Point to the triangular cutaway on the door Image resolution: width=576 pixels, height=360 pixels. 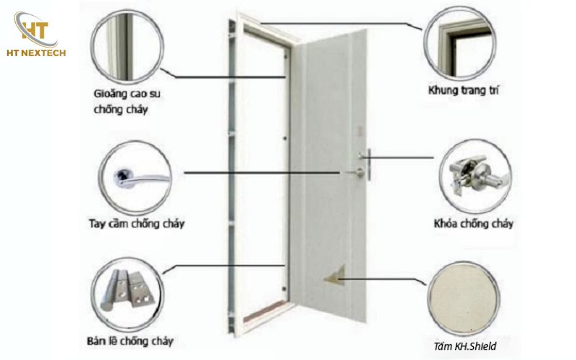[x=336, y=274]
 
